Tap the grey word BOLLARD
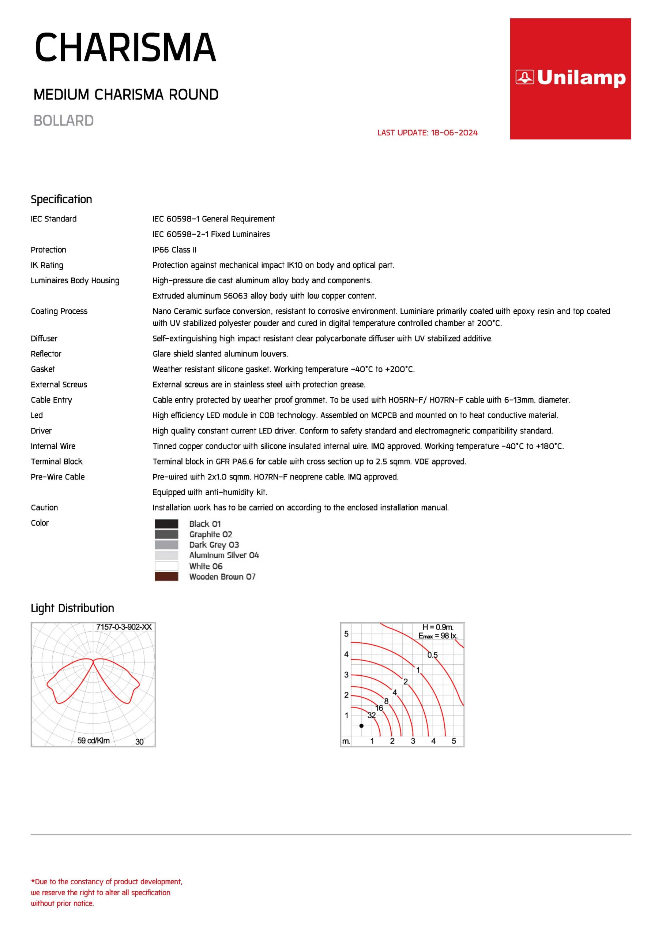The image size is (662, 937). tap(64, 121)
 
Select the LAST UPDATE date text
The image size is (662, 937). tap(427, 132)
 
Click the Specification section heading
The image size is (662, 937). tap(61, 199)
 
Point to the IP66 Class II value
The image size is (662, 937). tap(174, 250)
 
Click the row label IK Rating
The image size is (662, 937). tap(47, 265)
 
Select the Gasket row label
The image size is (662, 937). tap(43, 369)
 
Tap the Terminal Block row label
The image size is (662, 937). tap(56, 462)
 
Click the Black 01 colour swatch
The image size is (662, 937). tap(166, 524)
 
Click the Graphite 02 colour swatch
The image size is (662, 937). tap(166, 534)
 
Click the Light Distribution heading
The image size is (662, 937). tap(72, 608)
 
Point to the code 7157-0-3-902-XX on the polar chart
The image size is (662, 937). tap(124, 627)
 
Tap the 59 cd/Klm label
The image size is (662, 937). tap(93, 741)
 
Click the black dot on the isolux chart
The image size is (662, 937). tap(361, 725)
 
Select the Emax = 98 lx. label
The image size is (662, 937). tap(438, 636)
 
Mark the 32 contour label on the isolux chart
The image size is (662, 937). tap(371, 716)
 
